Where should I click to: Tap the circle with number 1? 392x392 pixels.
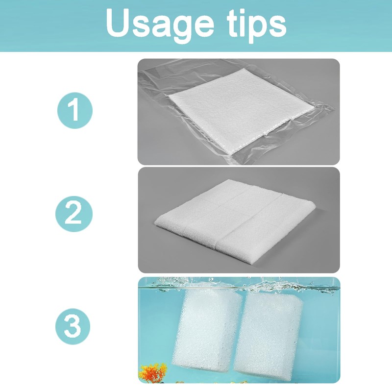click(73, 110)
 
